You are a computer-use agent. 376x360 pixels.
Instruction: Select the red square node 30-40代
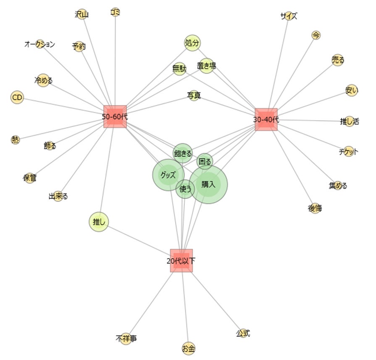266,119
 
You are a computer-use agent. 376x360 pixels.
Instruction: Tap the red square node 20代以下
181,261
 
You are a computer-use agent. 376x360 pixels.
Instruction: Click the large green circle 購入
208,184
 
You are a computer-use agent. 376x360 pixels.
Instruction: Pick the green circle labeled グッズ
168,175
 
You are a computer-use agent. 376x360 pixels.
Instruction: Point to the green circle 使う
185,189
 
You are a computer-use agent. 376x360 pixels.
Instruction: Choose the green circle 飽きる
183,154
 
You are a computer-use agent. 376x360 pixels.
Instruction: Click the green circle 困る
205,161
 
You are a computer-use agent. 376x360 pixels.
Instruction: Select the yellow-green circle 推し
99,222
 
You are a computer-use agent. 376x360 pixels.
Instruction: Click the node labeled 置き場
207,66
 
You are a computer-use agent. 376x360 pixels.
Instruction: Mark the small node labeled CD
17,98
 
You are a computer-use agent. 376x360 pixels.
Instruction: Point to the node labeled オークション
39,44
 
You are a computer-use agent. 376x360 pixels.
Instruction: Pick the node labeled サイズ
289,16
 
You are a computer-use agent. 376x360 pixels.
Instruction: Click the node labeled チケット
349,152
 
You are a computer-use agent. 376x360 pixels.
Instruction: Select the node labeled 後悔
315,208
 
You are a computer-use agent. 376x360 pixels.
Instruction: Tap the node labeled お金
189,348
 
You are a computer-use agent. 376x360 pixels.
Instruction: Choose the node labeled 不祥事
126,339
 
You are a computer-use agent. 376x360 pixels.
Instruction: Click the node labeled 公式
242,334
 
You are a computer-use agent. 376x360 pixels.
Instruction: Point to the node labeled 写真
194,95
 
